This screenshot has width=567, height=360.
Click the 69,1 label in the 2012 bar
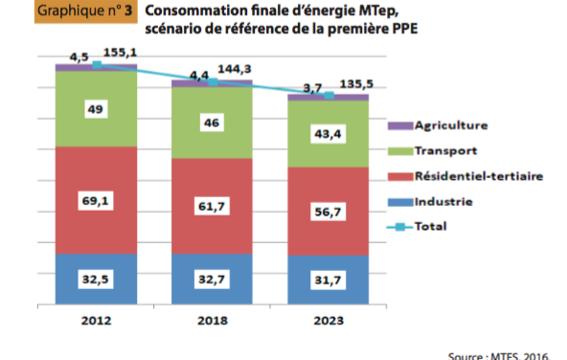pos(96,201)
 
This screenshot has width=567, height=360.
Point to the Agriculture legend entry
pos(450,125)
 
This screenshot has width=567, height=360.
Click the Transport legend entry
pos(446,150)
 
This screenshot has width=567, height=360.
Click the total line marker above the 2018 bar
pos(213,82)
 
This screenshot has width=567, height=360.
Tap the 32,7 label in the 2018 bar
pos(212,281)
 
